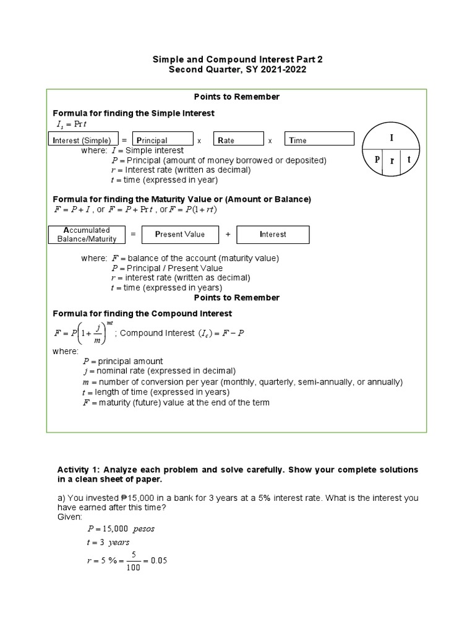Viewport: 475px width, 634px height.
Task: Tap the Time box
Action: [319, 140]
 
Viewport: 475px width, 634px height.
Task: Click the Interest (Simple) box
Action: [82, 140]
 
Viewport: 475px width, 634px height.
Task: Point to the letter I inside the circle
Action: [391, 138]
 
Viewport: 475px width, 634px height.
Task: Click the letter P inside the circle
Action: [376, 159]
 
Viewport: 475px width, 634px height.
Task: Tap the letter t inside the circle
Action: [408, 159]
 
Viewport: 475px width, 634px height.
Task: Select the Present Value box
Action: [179, 235]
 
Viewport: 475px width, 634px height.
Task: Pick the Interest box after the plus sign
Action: [273, 235]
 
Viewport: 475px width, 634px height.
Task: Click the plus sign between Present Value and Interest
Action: [228, 235]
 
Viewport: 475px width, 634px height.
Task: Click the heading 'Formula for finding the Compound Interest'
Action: [142, 314]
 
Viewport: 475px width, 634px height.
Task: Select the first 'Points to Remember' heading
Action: [237, 97]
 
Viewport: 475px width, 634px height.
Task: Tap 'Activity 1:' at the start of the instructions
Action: [79, 470]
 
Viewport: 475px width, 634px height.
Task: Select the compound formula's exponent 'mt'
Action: [109, 323]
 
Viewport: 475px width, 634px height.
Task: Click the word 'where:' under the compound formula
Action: [66, 351]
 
